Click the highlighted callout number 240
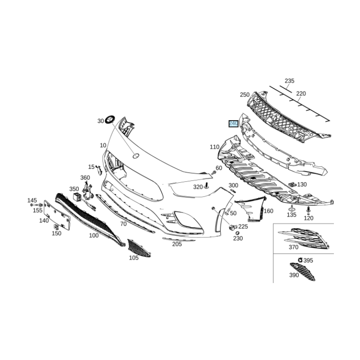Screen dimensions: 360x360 point(234,124)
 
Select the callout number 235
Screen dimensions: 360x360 point(289,81)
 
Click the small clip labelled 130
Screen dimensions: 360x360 point(292,184)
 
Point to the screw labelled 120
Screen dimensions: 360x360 point(308,210)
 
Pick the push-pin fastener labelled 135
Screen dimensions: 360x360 point(292,208)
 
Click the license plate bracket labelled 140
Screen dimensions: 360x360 point(57,215)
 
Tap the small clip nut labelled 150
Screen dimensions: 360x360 point(56,227)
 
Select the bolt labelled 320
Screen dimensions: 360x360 point(207,185)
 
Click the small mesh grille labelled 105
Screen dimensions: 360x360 point(139,248)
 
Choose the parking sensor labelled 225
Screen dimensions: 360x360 point(233,227)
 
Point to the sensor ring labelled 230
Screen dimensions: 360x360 point(238,233)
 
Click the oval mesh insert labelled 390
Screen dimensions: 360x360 point(302,272)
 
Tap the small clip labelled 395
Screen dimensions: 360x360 point(300,260)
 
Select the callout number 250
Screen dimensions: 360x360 point(244,94)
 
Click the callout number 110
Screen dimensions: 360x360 point(215,147)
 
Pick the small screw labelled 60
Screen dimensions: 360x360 point(213,172)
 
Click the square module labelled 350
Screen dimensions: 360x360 point(77,197)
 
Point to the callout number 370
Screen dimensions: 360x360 point(293,247)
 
